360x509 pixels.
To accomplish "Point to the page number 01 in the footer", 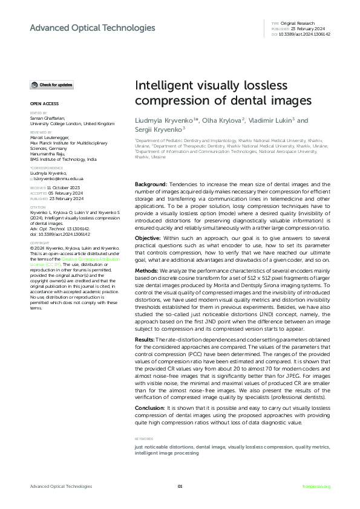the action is pyautogui.click(x=180, y=486).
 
